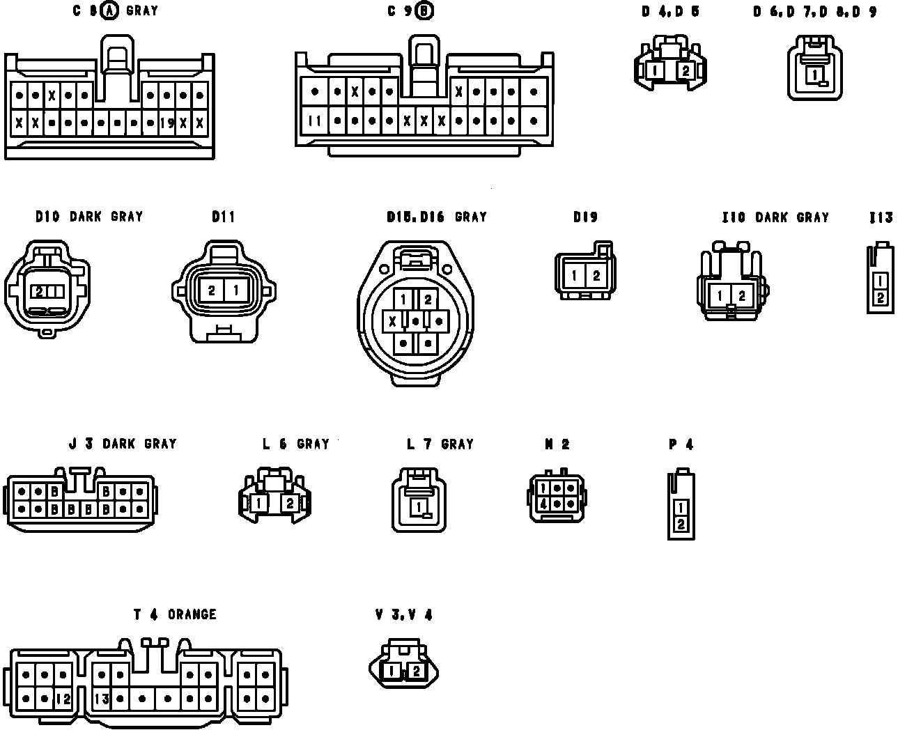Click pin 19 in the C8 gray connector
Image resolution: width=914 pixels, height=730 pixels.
[166, 124]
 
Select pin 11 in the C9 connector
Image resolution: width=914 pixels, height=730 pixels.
[315, 121]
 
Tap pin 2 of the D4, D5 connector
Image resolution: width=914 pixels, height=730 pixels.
[685, 70]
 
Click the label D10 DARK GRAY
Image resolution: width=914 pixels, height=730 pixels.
[89, 217]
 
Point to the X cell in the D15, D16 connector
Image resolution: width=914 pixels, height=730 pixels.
[394, 321]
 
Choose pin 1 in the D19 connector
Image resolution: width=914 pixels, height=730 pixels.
[574, 276]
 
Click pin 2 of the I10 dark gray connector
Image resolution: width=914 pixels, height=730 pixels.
[742, 296]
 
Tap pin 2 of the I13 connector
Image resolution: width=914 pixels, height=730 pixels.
[881, 298]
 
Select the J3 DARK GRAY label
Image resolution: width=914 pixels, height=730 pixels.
[123, 444]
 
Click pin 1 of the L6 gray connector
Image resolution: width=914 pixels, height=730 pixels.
[258, 502]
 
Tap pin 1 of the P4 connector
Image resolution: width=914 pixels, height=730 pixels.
[681, 508]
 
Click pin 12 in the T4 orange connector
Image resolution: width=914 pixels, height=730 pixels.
[63, 699]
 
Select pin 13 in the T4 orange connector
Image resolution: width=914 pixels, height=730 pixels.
[102, 699]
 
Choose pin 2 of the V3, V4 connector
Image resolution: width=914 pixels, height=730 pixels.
[416, 671]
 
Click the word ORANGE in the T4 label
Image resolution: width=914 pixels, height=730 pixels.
[192, 614]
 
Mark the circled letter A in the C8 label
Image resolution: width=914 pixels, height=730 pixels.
[110, 11]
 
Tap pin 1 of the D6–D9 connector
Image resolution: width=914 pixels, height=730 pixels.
[814, 74]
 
